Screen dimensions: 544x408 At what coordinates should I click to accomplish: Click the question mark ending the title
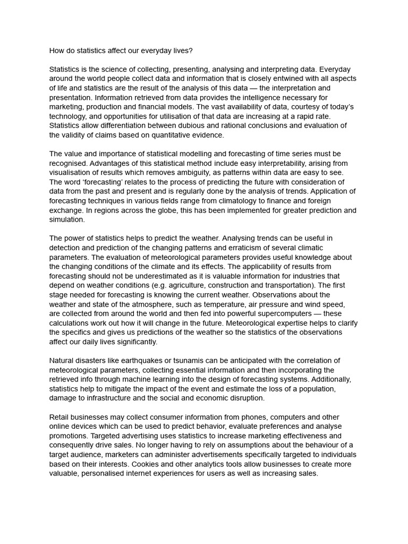tap(191, 51)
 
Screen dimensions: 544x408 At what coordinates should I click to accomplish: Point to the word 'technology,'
tap(70, 116)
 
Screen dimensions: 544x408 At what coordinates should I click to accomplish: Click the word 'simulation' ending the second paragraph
tap(66, 219)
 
